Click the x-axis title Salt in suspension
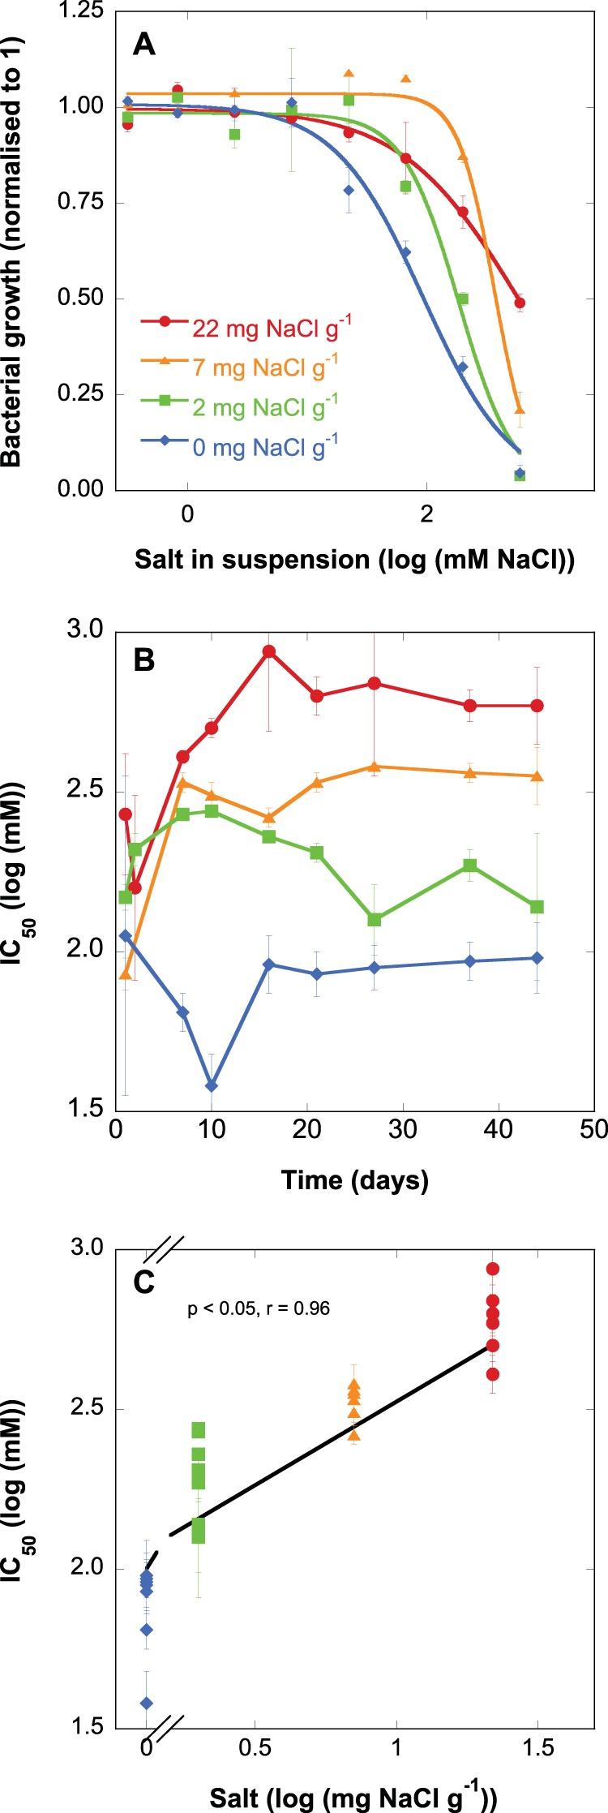pyautogui.click(x=355, y=561)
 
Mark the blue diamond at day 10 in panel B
pyautogui.click(x=212, y=1085)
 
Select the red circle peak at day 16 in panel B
pyautogui.click(x=269, y=651)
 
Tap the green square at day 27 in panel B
pyautogui.click(x=375, y=919)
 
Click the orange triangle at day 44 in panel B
pyautogui.click(x=537, y=776)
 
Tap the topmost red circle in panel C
pyautogui.click(x=492, y=1269)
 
